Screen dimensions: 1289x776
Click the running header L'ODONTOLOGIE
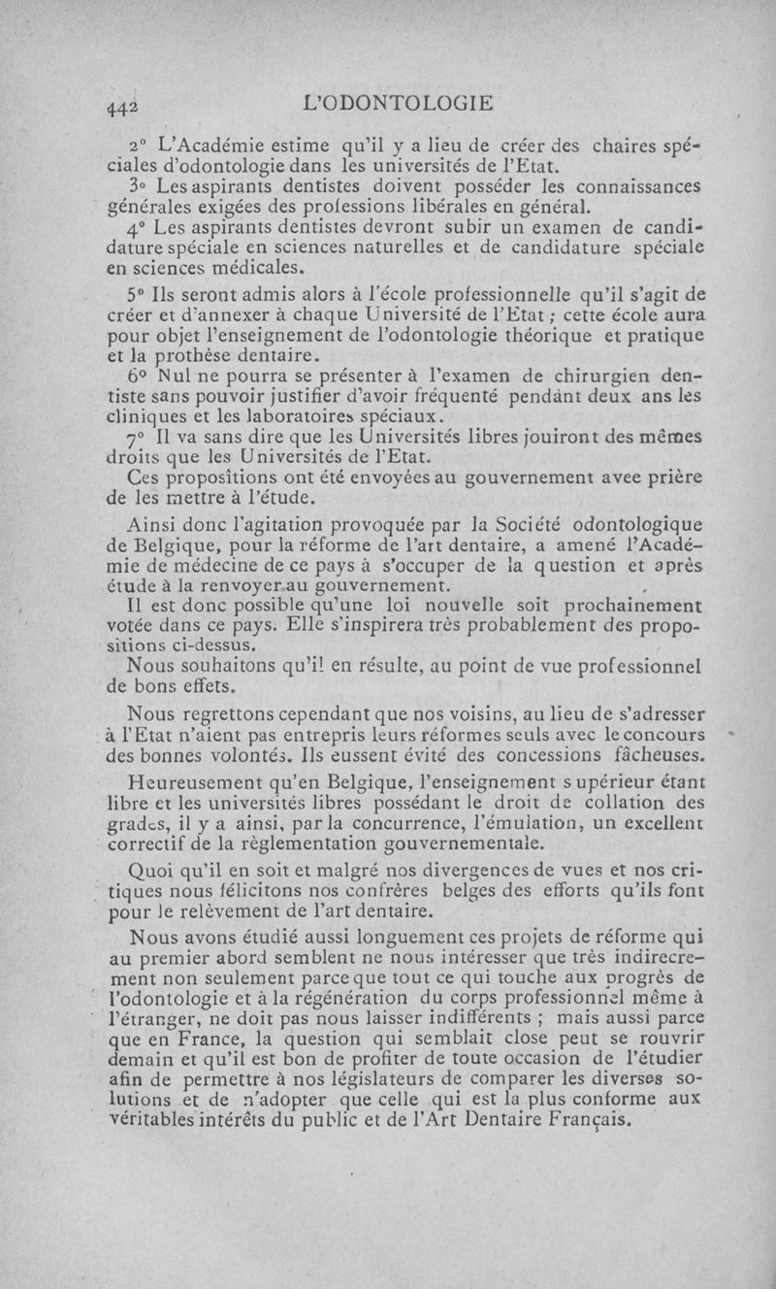point(399,102)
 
